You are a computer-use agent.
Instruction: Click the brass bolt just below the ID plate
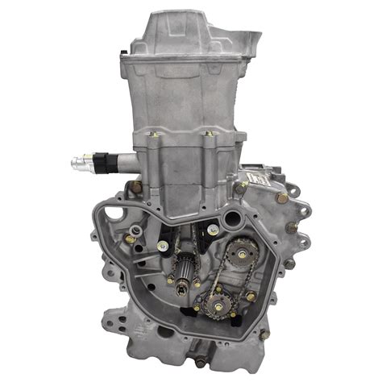point(281,197)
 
